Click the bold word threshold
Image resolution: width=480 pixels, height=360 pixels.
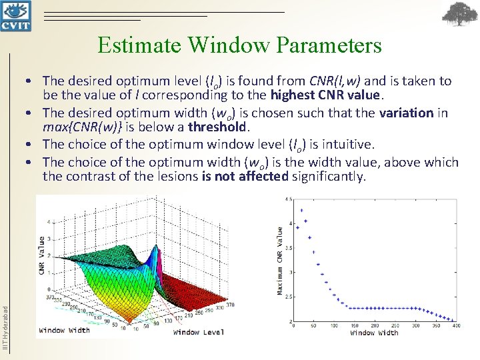(217, 127)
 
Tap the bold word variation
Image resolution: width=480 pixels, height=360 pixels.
(407, 113)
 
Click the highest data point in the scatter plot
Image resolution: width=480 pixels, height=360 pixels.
(302, 211)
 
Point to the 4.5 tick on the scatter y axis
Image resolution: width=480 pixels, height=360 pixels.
(288, 199)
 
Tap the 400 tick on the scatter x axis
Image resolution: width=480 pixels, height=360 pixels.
(457, 326)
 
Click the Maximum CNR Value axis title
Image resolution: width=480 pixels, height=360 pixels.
(279, 260)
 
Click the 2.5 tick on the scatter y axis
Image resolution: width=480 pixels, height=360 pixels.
(288, 297)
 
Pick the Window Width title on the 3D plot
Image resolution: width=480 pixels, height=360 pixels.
(64, 330)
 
